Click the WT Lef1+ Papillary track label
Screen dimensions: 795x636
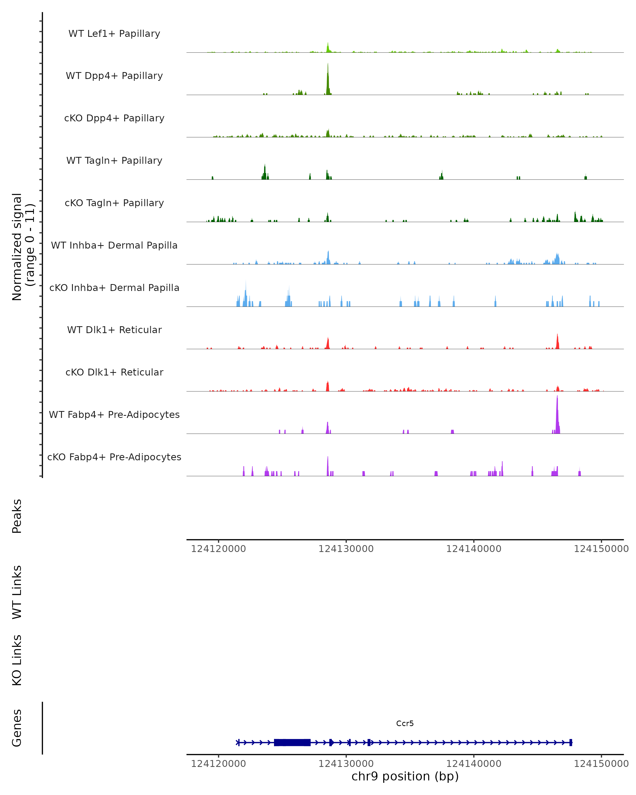tap(114, 34)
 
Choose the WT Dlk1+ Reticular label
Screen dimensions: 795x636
tap(114, 330)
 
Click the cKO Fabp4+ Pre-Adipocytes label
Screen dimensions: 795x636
tap(114, 457)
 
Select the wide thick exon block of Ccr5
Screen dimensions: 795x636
tap(292, 742)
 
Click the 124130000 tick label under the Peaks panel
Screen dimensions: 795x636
tap(346, 549)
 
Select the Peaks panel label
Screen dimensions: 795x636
tap(17, 516)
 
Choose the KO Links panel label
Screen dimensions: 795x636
tap(17, 660)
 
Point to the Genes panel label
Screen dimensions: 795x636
tap(17, 728)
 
